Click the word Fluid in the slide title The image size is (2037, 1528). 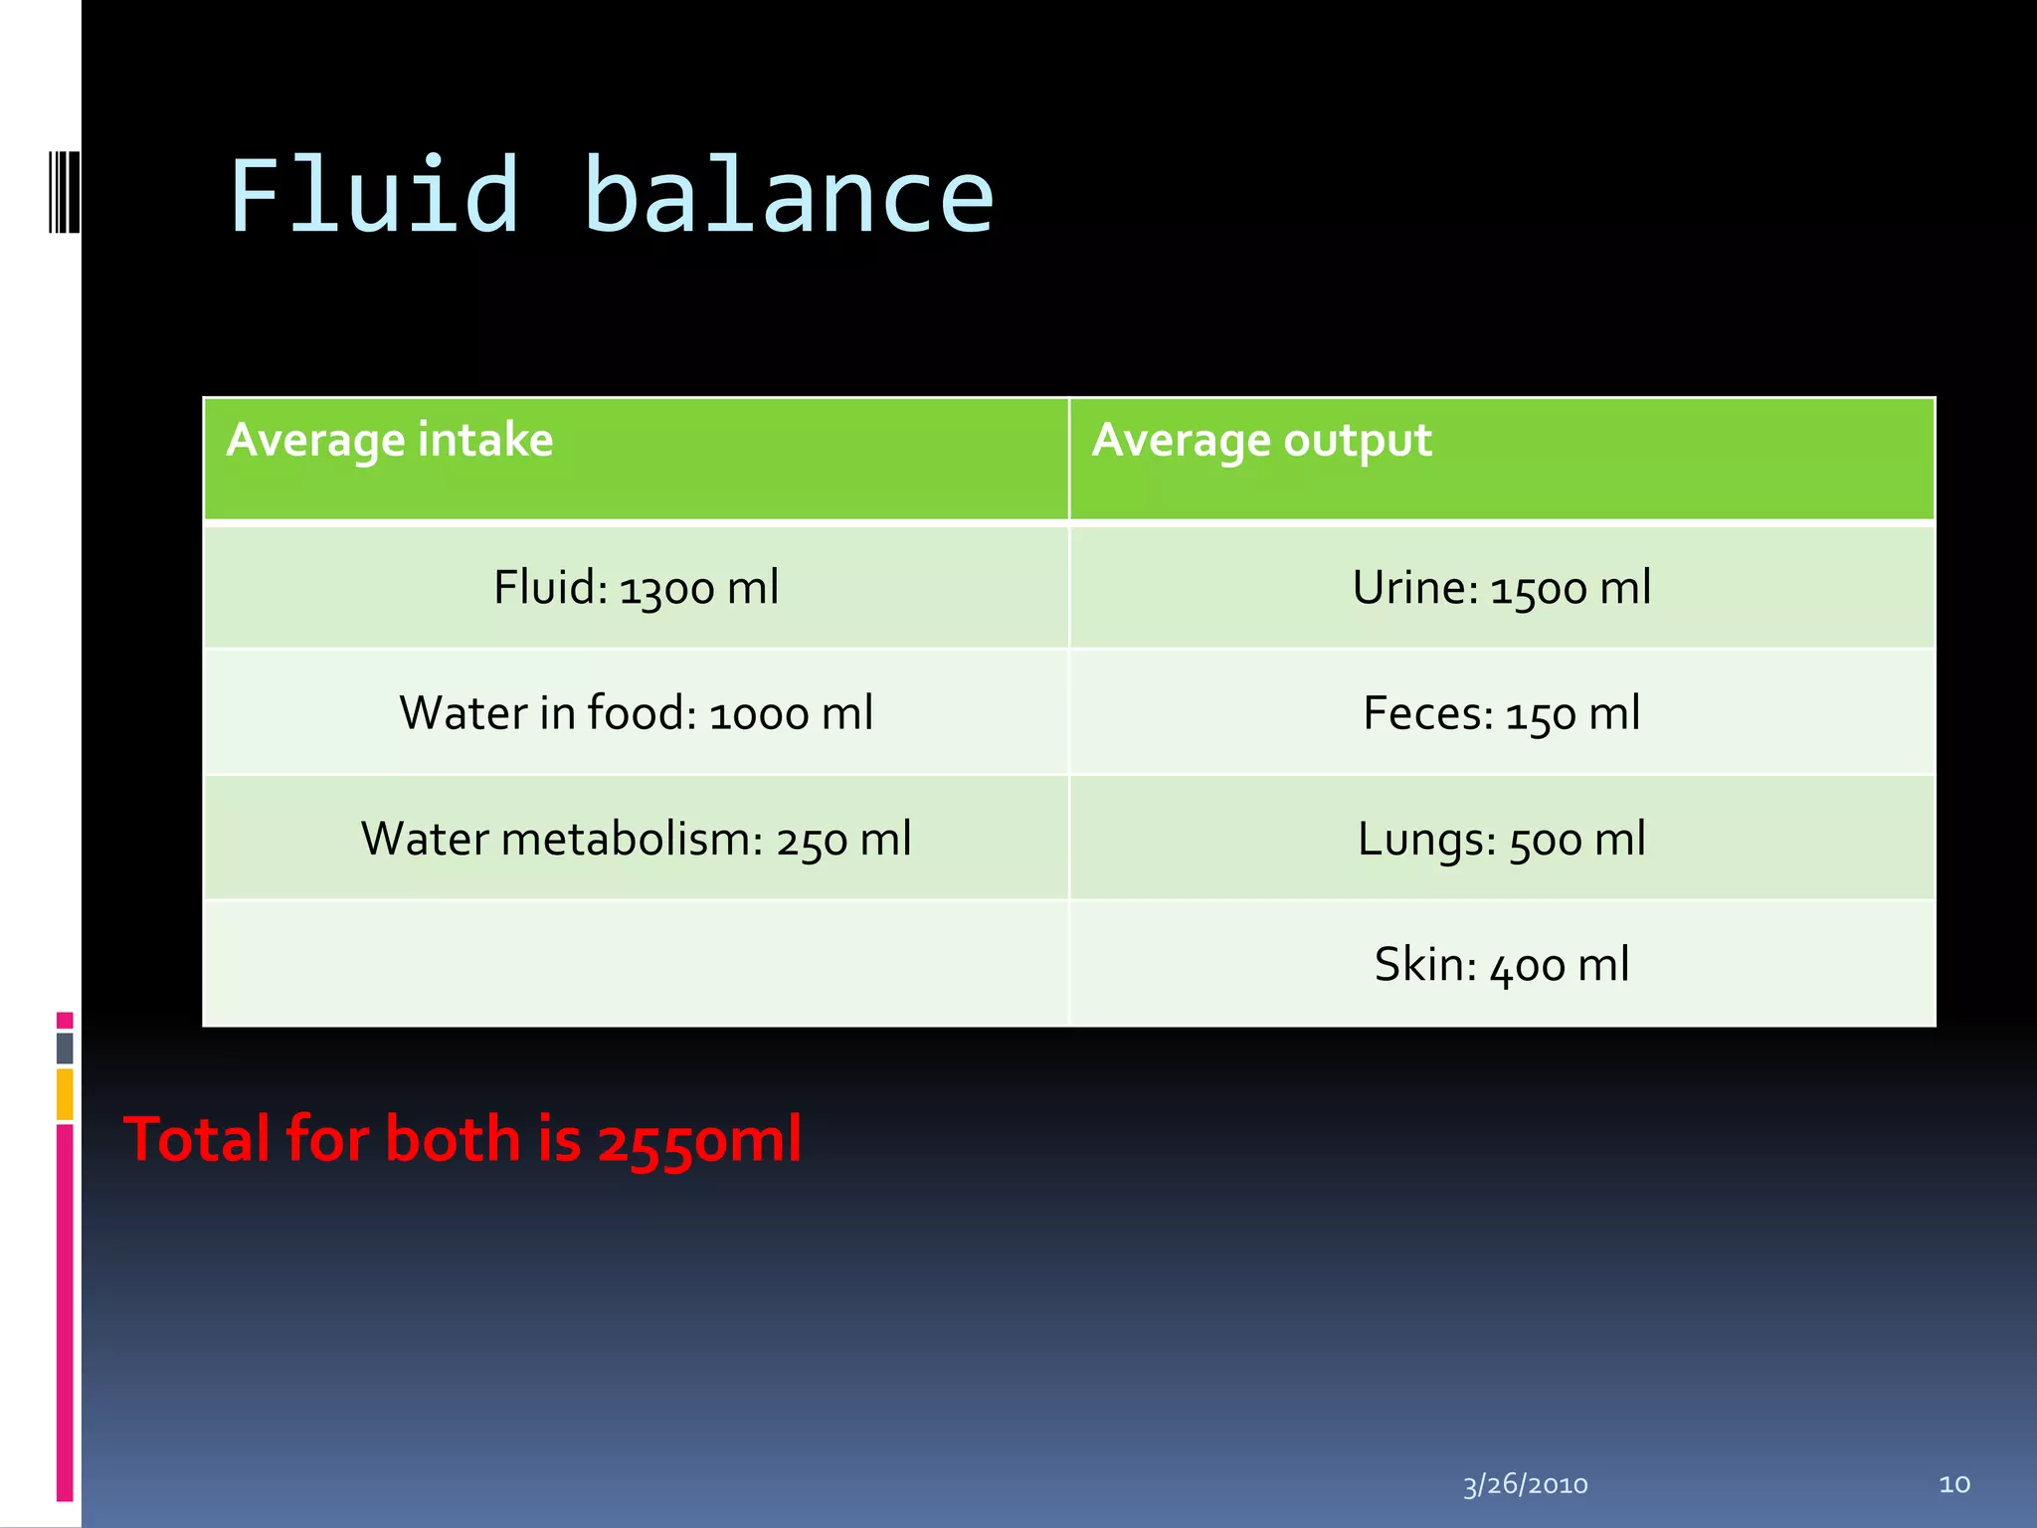[374, 196]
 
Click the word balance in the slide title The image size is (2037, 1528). [788, 196]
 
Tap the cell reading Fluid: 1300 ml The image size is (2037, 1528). [637, 587]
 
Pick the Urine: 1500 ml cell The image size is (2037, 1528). [1502, 587]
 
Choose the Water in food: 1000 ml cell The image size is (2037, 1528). [637, 712]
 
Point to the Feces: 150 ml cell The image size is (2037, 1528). [1502, 712]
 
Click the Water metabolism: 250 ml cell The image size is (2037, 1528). [637, 839]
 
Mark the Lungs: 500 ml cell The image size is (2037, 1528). [1502, 839]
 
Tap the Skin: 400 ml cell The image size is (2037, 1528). [1502, 964]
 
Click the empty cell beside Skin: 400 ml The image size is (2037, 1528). [637, 964]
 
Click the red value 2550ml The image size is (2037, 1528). [699, 1139]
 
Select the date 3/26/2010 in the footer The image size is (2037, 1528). [1525, 1484]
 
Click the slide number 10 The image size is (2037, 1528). [1954, 1484]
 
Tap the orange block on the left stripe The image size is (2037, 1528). [65, 1093]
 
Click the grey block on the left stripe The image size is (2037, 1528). [65, 1048]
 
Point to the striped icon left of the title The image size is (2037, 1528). [65, 191]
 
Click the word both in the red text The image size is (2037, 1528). [453, 1139]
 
